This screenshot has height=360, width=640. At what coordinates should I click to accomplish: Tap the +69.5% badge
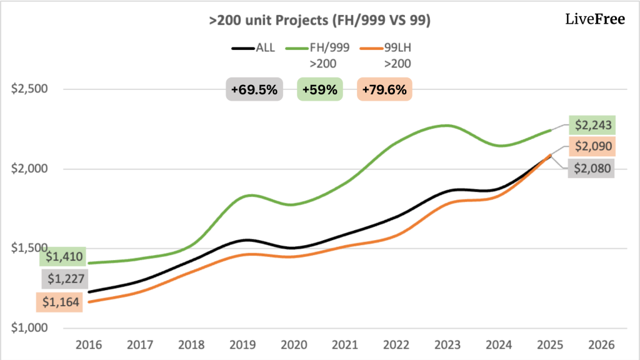[254, 90]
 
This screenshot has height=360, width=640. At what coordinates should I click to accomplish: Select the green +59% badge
[319, 90]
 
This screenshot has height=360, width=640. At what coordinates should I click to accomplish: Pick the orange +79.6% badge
[384, 90]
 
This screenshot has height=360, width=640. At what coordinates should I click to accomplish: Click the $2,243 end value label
[592, 126]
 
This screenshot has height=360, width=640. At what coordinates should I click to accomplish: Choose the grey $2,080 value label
[591, 168]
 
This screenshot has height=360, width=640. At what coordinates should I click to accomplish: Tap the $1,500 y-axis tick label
[25, 248]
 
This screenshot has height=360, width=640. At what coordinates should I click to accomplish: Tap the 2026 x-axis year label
[601, 344]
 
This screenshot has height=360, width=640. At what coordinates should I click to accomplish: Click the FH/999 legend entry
[318, 47]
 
